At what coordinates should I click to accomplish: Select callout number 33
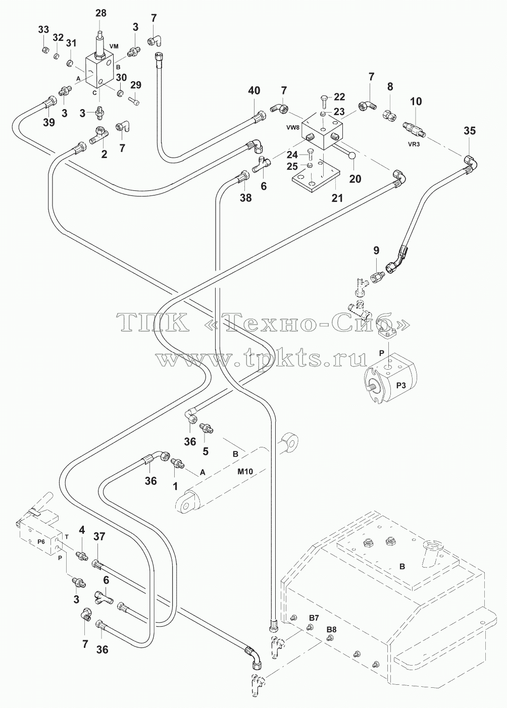43,29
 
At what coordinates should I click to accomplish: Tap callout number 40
254,91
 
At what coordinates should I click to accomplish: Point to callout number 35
469,131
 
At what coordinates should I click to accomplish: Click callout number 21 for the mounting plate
337,198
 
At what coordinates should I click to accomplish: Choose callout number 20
355,179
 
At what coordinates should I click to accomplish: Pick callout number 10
416,102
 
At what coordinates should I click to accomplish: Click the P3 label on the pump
401,386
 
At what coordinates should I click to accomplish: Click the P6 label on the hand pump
41,541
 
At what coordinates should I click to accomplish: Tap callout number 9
376,250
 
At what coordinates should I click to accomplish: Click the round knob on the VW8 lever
352,155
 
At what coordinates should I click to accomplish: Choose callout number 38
245,198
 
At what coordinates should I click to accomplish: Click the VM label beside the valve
114,46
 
